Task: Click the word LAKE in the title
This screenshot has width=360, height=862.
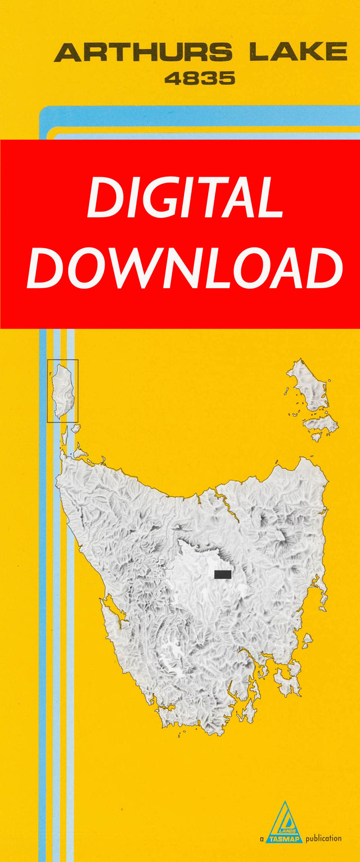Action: coord(298,52)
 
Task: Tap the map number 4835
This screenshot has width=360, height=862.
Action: coord(199,79)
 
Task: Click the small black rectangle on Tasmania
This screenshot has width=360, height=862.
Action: coord(223,574)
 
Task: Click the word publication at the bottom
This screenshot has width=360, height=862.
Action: coord(323,838)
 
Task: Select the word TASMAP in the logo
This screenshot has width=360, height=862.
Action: coord(285,838)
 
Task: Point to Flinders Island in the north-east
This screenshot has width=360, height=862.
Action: coord(308,387)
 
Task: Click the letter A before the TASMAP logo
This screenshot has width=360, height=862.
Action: coord(262,839)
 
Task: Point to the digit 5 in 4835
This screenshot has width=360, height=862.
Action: coord(226,79)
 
